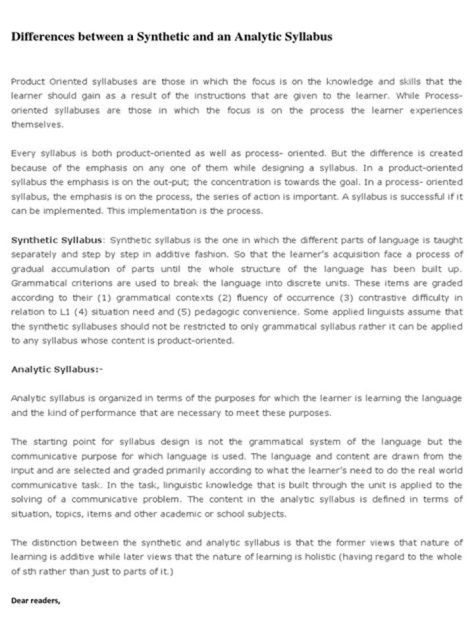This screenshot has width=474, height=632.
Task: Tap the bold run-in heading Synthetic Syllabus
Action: tap(57, 239)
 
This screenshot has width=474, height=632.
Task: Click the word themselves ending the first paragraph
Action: tap(35, 124)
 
